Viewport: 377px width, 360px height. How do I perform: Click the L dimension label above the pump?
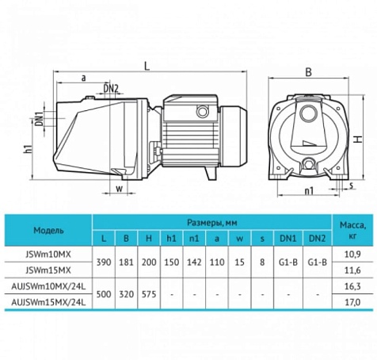tap(147, 65)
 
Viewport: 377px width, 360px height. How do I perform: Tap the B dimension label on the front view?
tap(308, 72)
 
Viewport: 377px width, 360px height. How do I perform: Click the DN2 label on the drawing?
tap(110, 89)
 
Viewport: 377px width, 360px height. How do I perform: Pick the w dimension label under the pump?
tap(120, 189)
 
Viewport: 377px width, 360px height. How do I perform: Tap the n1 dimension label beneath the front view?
tap(309, 190)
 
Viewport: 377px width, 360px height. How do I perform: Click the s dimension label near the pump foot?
tap(351, 186)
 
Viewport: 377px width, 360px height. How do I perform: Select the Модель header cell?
tap(48, 231)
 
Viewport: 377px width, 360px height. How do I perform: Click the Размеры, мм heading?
tap(212, 223)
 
